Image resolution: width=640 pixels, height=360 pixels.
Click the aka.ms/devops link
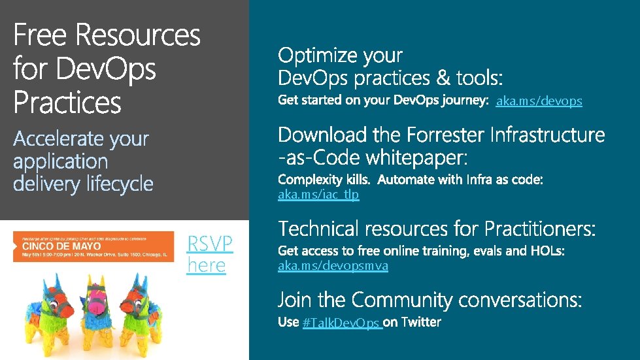click(x=539, y=101)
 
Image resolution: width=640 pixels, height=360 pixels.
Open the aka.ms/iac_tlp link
click(x=318, y=195)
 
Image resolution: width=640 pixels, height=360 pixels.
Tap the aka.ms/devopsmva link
click(x=333, y=266)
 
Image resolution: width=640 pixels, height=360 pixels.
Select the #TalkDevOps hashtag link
click(x=342, y=323)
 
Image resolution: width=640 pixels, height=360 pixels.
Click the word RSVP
click(x=209, y=244)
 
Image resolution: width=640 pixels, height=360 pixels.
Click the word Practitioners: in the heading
click(x=540, y=229)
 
